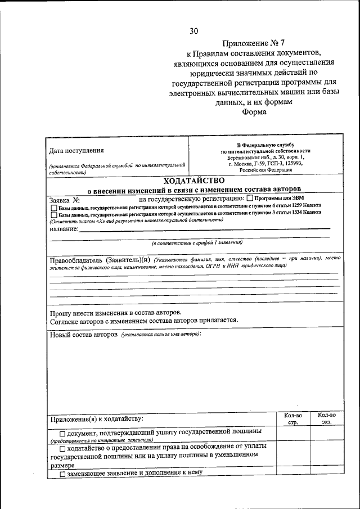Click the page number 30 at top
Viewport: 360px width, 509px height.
(193, 30)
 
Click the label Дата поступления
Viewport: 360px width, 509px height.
(76, 150)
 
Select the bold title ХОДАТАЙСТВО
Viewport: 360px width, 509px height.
(194, 181)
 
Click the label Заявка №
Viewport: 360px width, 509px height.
(64, 199)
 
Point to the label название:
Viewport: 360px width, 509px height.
(64, 228)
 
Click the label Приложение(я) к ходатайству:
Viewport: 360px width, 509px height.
(97, 418)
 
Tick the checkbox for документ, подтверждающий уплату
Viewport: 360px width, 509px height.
(62, 432)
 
